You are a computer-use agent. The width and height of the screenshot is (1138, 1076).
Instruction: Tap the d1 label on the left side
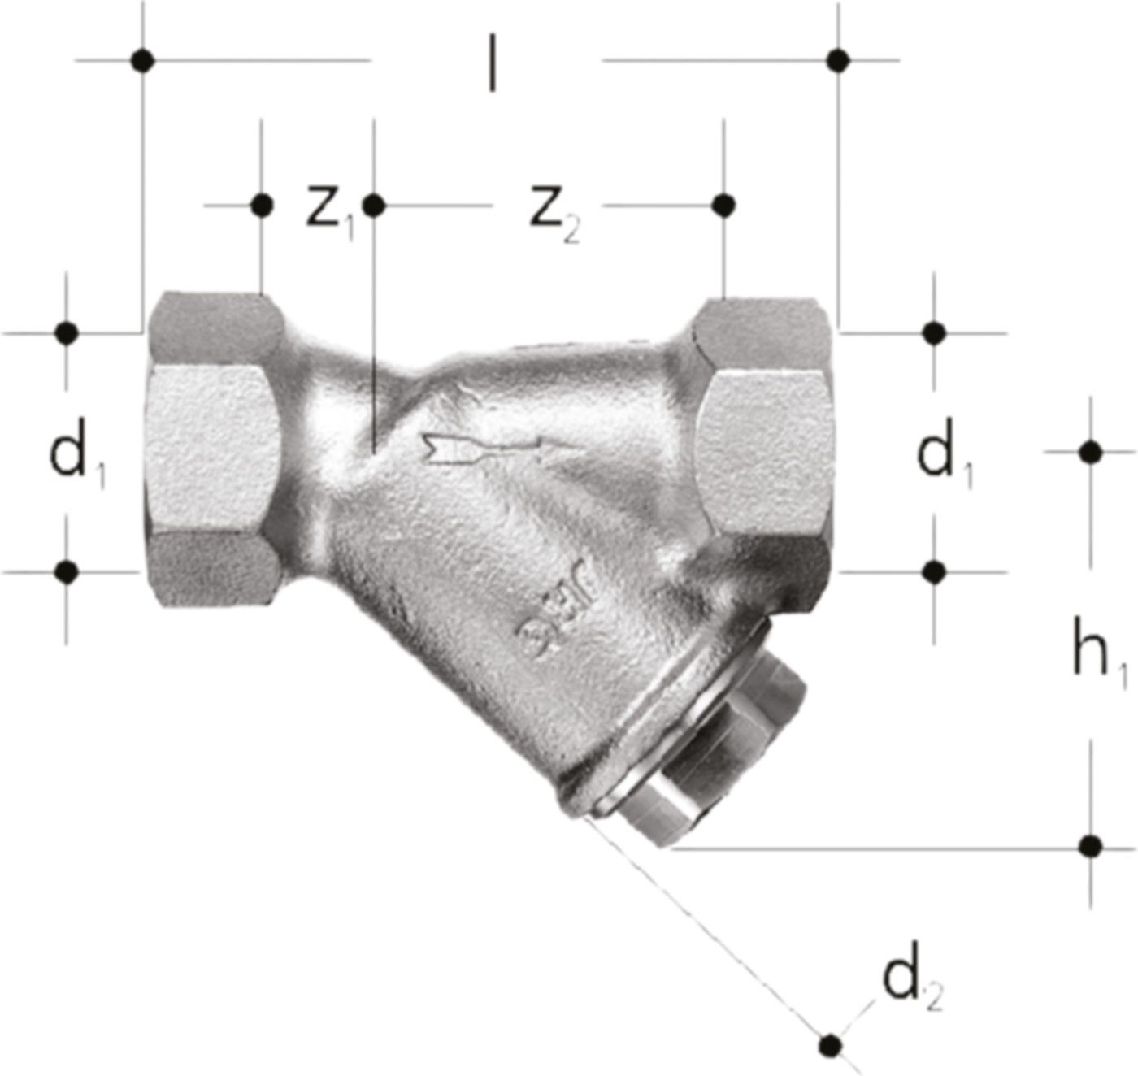pyautogui.click(x=77, y=457)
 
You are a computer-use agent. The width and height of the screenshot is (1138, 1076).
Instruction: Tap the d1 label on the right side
pyautogui.click(x=945, y=457)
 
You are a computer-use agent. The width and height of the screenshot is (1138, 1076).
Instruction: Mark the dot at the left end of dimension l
pyautogui.click(x=143, y=60)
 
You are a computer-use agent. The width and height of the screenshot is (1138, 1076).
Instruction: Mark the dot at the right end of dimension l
pyautogui.click(x=838, y=60)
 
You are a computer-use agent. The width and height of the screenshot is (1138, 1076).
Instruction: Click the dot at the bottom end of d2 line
pyautogui.click(x=830, y=1043)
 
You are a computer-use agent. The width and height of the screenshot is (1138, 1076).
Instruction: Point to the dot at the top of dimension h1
pyautogui.click(x=1090, y=451)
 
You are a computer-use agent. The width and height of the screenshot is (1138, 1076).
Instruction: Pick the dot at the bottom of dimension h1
pyautogui.click(x=1090, y=846)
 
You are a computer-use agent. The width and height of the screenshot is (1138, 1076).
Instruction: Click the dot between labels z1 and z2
pyautogui.click(x=373, y=206)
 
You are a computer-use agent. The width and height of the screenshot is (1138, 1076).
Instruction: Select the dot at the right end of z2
pyautogui.click(x=723, y=205)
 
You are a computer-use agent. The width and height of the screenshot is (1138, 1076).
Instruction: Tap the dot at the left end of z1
pyautogui.click(x=261, y=206)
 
